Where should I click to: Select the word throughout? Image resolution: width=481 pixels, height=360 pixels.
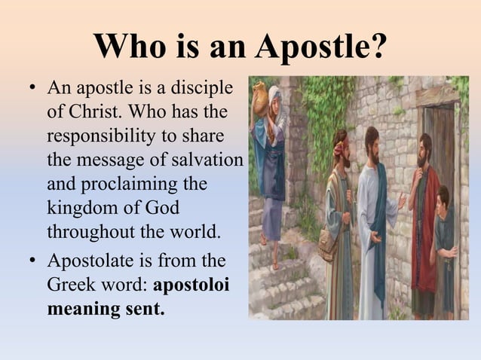[x=87, y=231]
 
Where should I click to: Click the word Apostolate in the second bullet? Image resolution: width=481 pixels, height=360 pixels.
[x=87, y=262]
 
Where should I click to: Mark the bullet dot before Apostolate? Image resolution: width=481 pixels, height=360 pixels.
[x=32, y=263]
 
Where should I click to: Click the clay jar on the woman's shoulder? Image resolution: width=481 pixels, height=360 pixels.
[x=260, y=95]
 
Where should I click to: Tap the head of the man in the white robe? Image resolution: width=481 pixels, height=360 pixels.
[x=372, y=139]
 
